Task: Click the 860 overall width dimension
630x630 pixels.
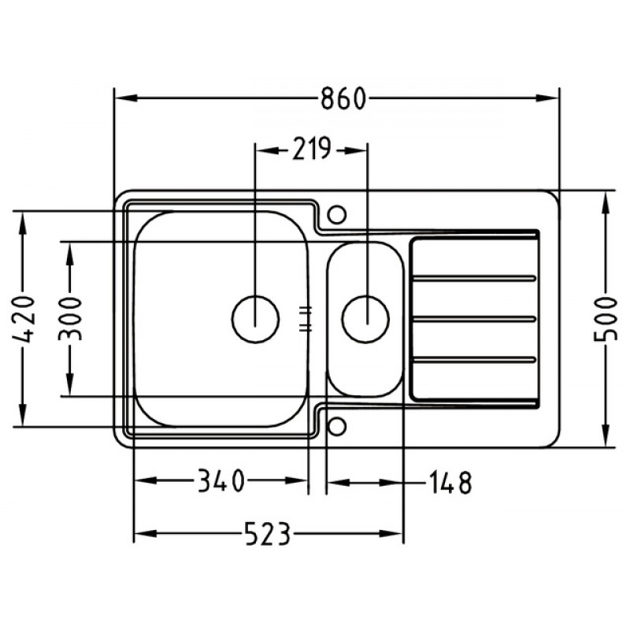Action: [x=343, y=98]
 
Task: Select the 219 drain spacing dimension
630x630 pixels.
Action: [x=311, y=149]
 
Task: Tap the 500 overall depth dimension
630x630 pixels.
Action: [x=605, y=319]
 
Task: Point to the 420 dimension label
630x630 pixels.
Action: [x=24, y=320]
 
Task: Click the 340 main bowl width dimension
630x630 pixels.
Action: [x=221, y=481]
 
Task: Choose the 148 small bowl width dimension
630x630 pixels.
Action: [x=450, y=483]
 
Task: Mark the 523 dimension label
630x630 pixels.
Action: [x=267, y=534]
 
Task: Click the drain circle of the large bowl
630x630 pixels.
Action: [x=255, y=319]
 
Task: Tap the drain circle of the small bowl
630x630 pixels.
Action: [x=365, y=319]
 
